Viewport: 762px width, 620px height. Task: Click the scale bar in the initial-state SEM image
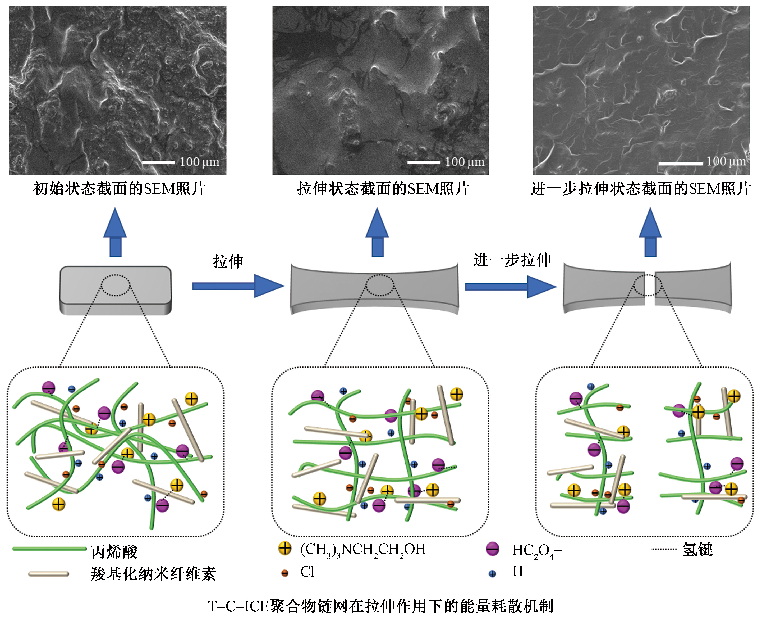point(158,163)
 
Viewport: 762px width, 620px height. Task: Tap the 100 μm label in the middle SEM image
point(464,162)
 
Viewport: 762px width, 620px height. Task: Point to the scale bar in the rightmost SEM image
point(680,164)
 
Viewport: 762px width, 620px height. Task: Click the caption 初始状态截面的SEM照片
point(119,189)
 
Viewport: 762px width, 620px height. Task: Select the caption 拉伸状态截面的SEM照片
point(383,189)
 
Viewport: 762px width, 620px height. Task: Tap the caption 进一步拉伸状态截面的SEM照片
point(641,189)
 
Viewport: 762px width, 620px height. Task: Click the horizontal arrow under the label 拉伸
point(238,286)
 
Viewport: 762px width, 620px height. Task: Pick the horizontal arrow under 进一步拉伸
point(510,286)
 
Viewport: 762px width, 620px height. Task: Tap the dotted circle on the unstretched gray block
point(115,285)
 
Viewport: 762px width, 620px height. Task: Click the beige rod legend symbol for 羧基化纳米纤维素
point(49,574)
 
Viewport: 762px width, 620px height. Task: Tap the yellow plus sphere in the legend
point(284,548)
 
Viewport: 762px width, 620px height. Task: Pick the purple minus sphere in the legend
point(493,549)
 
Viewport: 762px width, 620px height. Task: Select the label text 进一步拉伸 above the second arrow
point(512,260)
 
